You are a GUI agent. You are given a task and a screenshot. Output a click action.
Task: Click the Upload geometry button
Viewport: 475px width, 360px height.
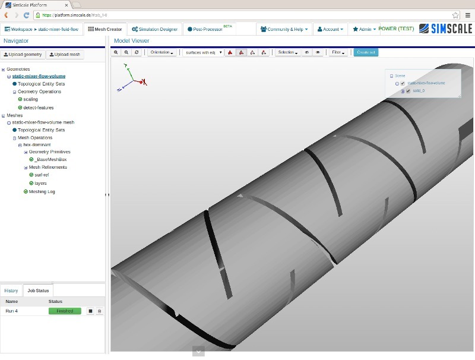tap(23, 55)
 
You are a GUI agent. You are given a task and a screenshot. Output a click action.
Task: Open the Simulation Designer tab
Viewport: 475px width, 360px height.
tap(154, 29)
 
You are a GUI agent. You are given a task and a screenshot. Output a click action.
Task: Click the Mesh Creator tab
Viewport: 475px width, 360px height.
tap(105, 29)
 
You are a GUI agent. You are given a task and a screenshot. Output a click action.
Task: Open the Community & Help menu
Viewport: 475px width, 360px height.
tap(284, 29)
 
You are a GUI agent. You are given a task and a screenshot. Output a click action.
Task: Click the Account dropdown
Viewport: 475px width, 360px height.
tap(330, 29)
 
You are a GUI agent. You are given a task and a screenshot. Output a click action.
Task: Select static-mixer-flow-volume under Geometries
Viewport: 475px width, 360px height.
tap(39, 76)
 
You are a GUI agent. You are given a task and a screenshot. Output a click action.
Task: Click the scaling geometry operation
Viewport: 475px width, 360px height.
tap(30, 99)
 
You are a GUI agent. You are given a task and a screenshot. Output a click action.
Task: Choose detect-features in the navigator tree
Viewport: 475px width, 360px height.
tap(38, 108)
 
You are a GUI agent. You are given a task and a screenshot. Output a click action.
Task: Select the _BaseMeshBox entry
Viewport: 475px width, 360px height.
tap(50, 159)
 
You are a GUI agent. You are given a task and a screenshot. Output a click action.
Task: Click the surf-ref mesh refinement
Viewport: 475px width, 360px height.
tap(42, 175)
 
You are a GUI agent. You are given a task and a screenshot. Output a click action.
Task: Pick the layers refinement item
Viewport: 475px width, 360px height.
tap(40, 183)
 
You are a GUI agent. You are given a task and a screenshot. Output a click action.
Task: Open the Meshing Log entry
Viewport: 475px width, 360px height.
tap(42, 191)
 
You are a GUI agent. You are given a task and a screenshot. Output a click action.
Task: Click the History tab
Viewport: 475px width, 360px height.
tap(11, 290)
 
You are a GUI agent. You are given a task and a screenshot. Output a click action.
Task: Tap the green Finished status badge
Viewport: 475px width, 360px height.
tap(65, 311)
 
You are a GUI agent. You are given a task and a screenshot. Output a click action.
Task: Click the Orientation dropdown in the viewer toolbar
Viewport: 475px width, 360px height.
tap(162, 52)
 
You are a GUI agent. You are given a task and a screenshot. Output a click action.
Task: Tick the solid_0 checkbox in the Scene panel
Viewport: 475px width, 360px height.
tap(408, 91)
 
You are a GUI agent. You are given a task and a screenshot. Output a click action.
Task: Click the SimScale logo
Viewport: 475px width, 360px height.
tap(445, 29)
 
